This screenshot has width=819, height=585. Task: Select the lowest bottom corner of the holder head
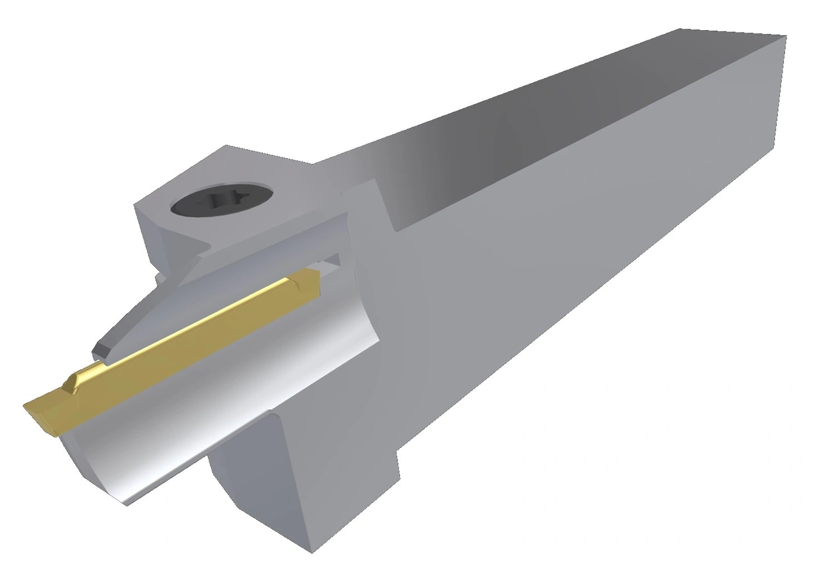(311, 550)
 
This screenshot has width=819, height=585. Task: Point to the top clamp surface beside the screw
(269, 173)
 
